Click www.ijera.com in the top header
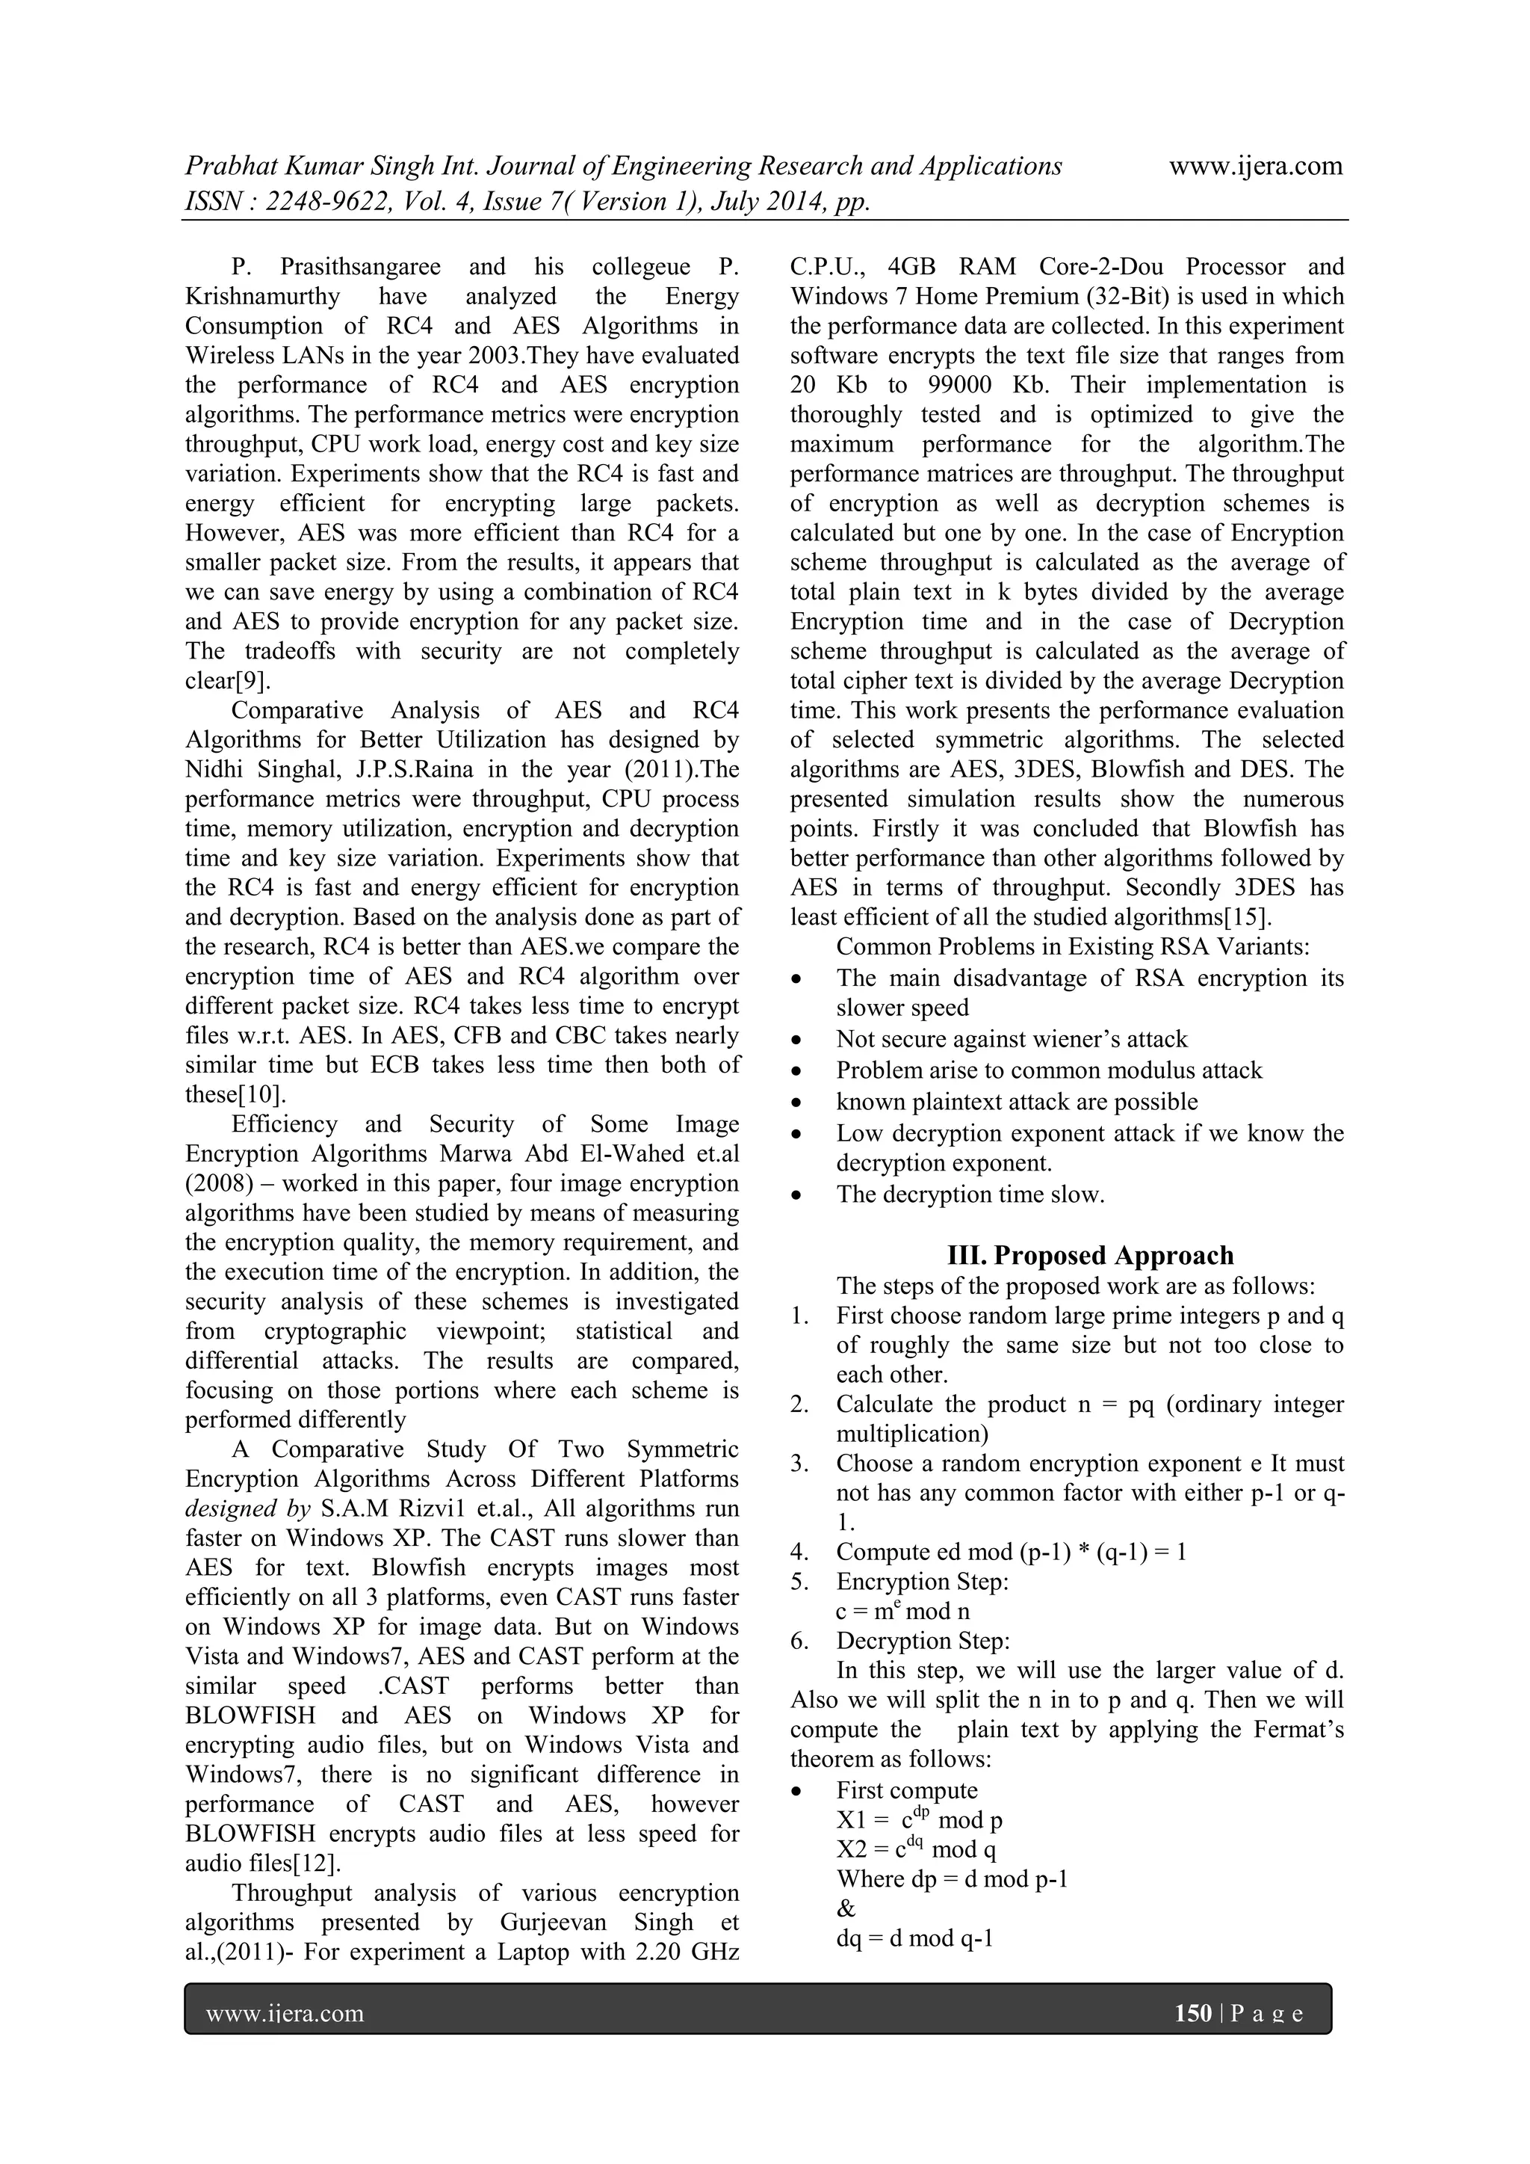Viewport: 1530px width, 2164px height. click(x=1255, y=167)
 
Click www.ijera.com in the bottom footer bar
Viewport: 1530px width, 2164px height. click(x=285, y=2013)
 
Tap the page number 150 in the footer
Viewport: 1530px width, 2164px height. click(x=1193, y=2013)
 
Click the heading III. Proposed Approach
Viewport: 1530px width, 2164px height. click(x=1090, y=1256)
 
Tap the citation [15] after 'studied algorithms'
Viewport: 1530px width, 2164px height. click(x=1251, y=917)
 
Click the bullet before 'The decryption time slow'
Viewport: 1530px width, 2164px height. click(x=797, y=1196)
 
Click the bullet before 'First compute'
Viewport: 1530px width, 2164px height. click(x=797, y=1791)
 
